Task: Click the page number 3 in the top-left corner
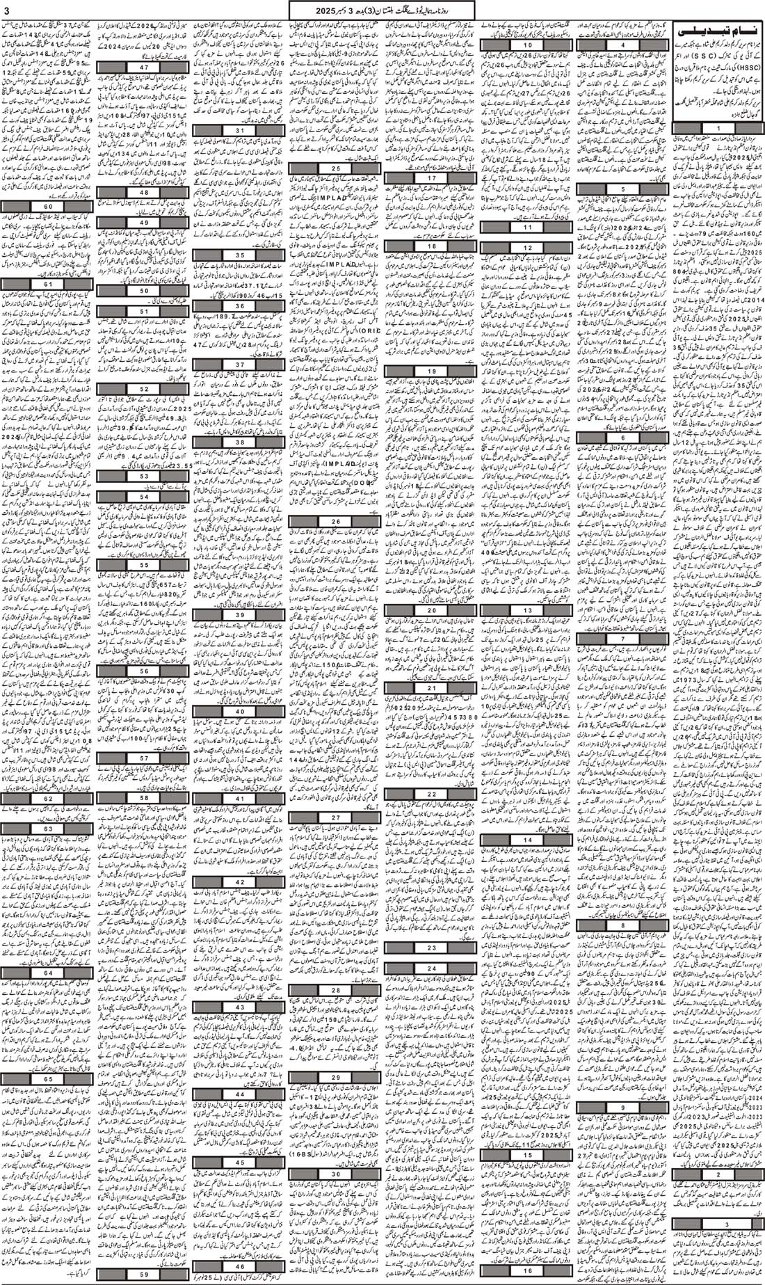click(x=7, y=8)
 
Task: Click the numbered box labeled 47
click(x=144, y=67)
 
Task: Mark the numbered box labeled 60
click(x=48, y=207)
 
